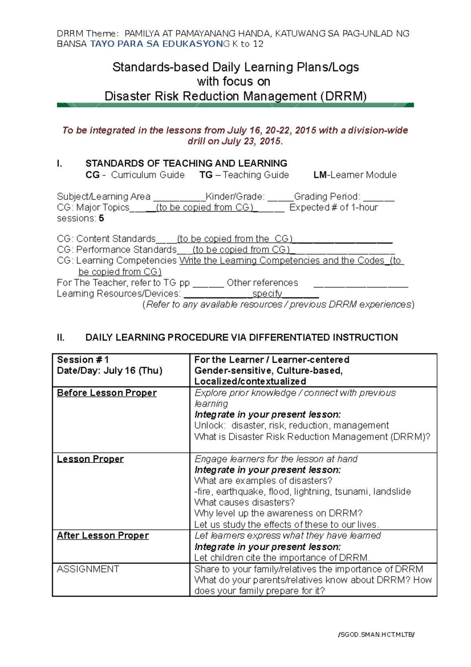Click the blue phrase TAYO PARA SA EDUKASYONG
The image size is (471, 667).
tap(160, 44)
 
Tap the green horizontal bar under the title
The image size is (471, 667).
tap(235, 105)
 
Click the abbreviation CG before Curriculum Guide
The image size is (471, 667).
tap(92, 175)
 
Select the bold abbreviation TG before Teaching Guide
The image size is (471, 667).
tap(206, 175)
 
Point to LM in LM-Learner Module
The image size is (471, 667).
tap(319, 175)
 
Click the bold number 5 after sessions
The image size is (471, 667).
tap(101, 218)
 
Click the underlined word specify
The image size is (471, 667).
tap(267, 293)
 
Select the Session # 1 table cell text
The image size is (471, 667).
tap(83, 359)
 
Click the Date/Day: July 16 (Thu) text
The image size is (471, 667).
tap(110, 370)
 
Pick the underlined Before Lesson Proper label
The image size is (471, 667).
tap(107, 393)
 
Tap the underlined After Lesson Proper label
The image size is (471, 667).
tap(103, 535)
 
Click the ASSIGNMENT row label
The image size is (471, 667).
tap(88, 569)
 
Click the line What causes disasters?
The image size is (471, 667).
tap(244, 502)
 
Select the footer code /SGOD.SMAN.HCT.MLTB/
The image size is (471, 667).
tap(376, 634)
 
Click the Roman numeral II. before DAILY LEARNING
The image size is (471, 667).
tap(60, 337)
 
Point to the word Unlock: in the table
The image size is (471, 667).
tap(210, 425)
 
